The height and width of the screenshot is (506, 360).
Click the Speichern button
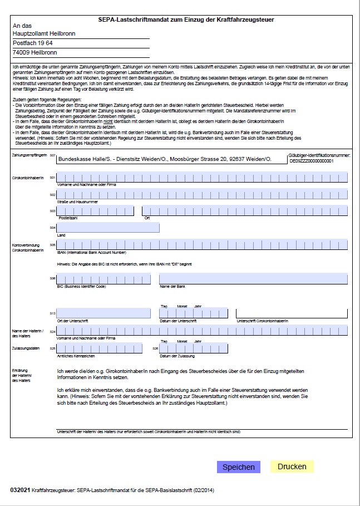tap(238, 467)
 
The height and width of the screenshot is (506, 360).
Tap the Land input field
tap(108, 227)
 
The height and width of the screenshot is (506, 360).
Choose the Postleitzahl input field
tap(95, 211)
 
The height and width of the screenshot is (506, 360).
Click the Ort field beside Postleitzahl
tap(245, 211)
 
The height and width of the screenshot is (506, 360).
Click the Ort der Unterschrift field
tap(103, 313)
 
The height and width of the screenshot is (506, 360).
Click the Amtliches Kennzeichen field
tap(103, 348)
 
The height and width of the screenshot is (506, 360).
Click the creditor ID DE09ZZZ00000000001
tap(311, 161)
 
